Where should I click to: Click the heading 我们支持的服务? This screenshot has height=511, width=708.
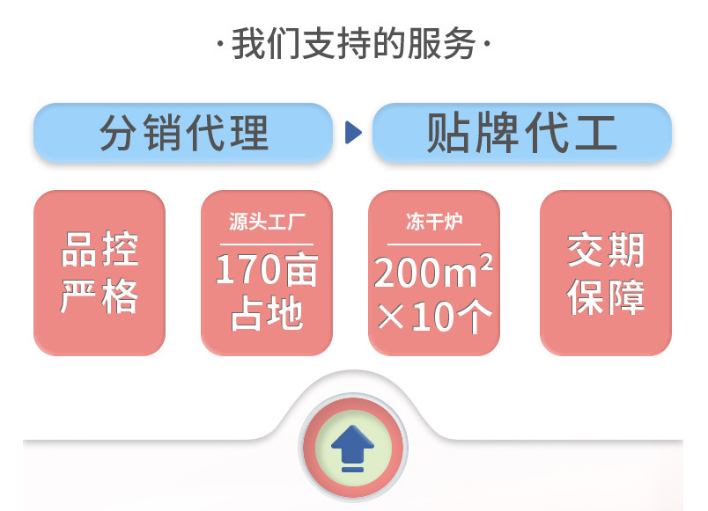353,44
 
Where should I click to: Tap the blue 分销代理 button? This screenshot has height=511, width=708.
183,134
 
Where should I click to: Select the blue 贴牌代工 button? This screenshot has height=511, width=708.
521,134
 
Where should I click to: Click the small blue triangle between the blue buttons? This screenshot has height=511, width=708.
353,134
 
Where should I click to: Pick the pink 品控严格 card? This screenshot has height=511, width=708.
100,273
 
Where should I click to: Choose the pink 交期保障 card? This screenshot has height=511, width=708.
606,273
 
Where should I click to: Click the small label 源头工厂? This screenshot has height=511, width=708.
267,222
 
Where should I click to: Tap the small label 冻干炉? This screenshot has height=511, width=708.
434,222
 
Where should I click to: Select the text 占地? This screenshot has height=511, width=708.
267,314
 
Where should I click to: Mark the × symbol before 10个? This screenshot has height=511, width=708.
390,317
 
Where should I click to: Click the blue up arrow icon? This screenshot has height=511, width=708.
352,447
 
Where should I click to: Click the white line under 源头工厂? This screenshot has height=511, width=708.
267,244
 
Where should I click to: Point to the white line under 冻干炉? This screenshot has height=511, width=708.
434,244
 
